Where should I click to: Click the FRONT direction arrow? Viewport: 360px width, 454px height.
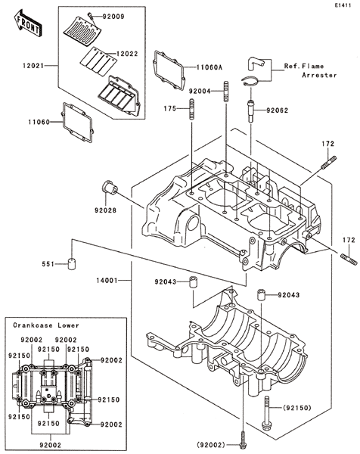coord(28,23)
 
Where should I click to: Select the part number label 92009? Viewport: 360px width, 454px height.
coord(113,17)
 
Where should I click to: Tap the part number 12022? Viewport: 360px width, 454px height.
coord(127,54)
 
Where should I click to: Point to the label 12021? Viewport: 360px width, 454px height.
coord(33,66)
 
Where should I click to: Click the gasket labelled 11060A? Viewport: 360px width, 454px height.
coord(169,70)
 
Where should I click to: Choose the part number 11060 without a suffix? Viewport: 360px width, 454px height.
coord(39,122)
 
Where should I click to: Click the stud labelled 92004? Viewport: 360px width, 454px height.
coord(226,92)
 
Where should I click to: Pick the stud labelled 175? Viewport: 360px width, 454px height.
coord(192,109)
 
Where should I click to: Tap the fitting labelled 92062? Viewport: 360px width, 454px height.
coord(250,111)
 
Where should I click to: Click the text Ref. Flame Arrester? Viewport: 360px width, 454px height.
coord(311,70)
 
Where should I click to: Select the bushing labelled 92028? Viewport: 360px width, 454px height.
coord(110,189)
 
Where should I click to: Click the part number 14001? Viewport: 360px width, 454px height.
coord(107,280)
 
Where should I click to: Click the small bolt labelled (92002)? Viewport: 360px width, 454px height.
coord(243,438)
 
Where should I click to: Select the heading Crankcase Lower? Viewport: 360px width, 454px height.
coord(46,325)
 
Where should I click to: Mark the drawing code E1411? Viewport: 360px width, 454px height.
coord(343,5)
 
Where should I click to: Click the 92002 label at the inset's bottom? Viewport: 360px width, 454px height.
coord(51,445)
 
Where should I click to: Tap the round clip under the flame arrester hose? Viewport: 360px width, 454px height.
coord(250,82)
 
